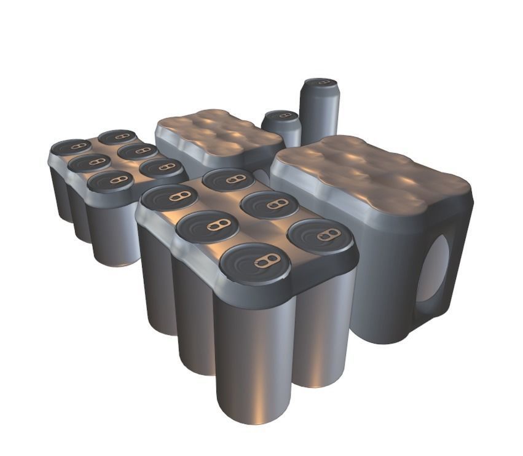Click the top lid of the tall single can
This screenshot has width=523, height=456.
[x=320, y=83]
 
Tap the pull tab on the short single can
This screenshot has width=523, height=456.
[x=283, y=115]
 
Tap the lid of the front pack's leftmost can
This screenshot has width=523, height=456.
[x=170, y=197]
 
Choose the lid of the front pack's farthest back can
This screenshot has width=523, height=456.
[x=228, y=179]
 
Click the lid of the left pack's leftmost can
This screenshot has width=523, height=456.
[x=71, y=147]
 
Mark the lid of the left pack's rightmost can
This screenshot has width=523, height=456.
[x=161, y=167]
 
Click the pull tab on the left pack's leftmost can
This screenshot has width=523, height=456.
[x=78, y=146]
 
